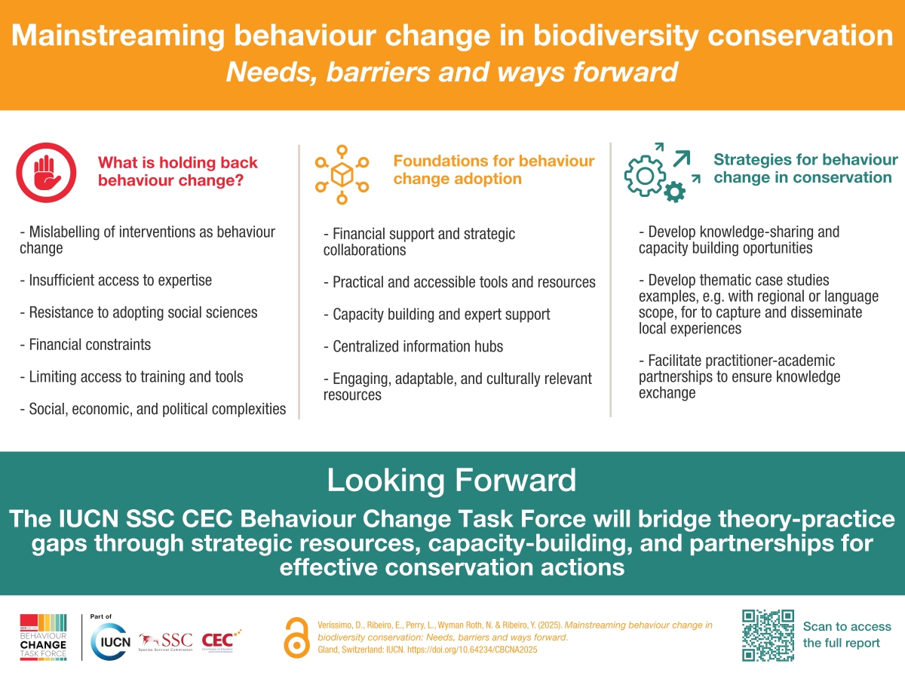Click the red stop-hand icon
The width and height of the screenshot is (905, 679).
[x=47, y=172]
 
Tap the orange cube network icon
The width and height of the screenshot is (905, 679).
[x=342, y=174]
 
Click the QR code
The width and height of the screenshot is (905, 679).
[x=768, y=634]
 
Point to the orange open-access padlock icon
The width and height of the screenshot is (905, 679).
[x=296, y=636]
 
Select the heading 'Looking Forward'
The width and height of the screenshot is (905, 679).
[x=451, y=480]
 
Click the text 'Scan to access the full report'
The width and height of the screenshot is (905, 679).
[x=846, y=634]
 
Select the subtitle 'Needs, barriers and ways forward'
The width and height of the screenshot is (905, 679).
[x=451, y=72]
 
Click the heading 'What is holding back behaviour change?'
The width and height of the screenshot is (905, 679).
[x=177, y=171]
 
